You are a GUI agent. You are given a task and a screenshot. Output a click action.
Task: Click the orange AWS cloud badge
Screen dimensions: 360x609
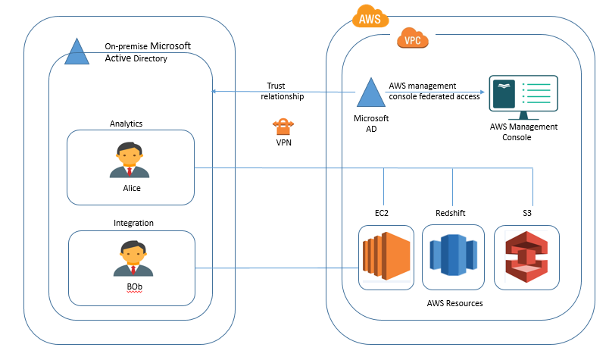[x=369, y=16]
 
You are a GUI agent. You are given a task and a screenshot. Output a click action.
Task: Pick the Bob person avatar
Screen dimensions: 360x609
[x=131, y=258]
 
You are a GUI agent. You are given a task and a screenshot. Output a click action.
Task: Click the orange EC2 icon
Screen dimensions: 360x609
[x=386, y=258]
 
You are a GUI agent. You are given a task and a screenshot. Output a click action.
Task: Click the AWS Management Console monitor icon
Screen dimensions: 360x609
[x=523, y=96]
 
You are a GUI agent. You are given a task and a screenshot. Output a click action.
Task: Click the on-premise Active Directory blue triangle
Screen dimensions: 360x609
[x=77, y=51]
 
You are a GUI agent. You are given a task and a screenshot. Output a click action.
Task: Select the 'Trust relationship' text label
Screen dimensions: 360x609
[x=282, y=91]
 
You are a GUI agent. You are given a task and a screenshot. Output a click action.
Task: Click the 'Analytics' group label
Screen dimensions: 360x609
[x=126, y=123]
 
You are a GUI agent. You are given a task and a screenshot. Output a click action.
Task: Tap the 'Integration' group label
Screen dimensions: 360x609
[x=133, y=223]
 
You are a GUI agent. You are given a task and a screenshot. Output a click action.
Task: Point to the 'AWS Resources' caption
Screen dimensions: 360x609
[x=454, y=303]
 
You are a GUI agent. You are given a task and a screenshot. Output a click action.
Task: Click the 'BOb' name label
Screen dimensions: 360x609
[x=133, y=286]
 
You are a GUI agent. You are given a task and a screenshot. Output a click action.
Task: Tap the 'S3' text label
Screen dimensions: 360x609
[x=527, y=213]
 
